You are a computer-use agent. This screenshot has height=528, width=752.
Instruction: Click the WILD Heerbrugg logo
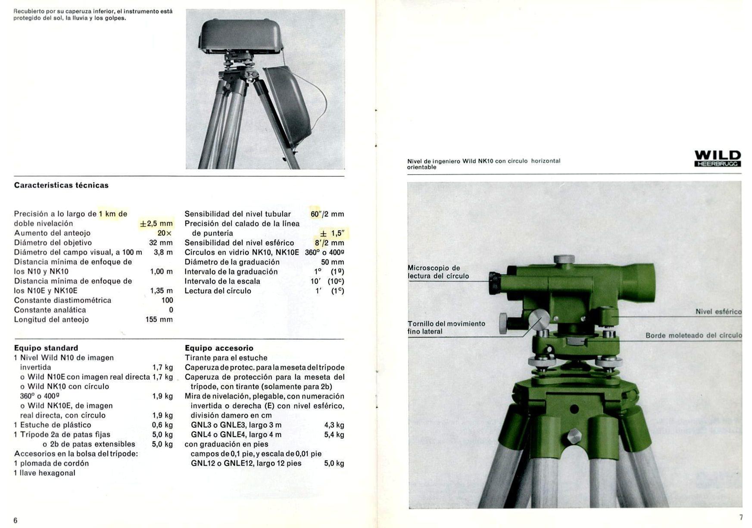pos(718,158)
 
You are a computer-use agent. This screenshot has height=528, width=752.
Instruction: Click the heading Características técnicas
pos(61,185)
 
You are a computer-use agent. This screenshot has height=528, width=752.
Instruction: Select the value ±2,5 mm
pos(156,224)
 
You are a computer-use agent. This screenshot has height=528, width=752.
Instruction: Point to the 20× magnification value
pos(165,233)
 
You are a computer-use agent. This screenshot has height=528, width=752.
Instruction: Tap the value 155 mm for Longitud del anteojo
pos(159,319)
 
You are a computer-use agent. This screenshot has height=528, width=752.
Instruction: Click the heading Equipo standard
pos(46,348)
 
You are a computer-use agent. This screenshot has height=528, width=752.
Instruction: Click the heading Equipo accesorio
pos(219,348)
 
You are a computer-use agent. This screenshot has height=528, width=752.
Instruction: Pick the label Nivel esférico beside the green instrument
pos(718,312)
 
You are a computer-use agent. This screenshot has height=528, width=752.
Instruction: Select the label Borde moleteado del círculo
pos(693,335)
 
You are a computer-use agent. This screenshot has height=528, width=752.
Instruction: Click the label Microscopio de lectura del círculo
pos(438,272)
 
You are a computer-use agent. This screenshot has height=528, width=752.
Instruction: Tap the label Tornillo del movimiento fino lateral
pos(446,328)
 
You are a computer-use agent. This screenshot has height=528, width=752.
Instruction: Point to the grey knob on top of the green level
pos(564,259)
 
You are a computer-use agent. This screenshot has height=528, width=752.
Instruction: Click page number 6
pos(16,520)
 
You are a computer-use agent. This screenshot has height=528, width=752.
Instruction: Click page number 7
pos(741,517)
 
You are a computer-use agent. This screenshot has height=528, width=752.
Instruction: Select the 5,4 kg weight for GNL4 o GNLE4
pos(334,434)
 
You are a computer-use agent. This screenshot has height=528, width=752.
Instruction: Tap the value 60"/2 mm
pos(327,214)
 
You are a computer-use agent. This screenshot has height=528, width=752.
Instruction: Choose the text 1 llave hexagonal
pos(44,473)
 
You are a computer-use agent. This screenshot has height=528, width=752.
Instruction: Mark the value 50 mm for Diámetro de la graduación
pos(332,262)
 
